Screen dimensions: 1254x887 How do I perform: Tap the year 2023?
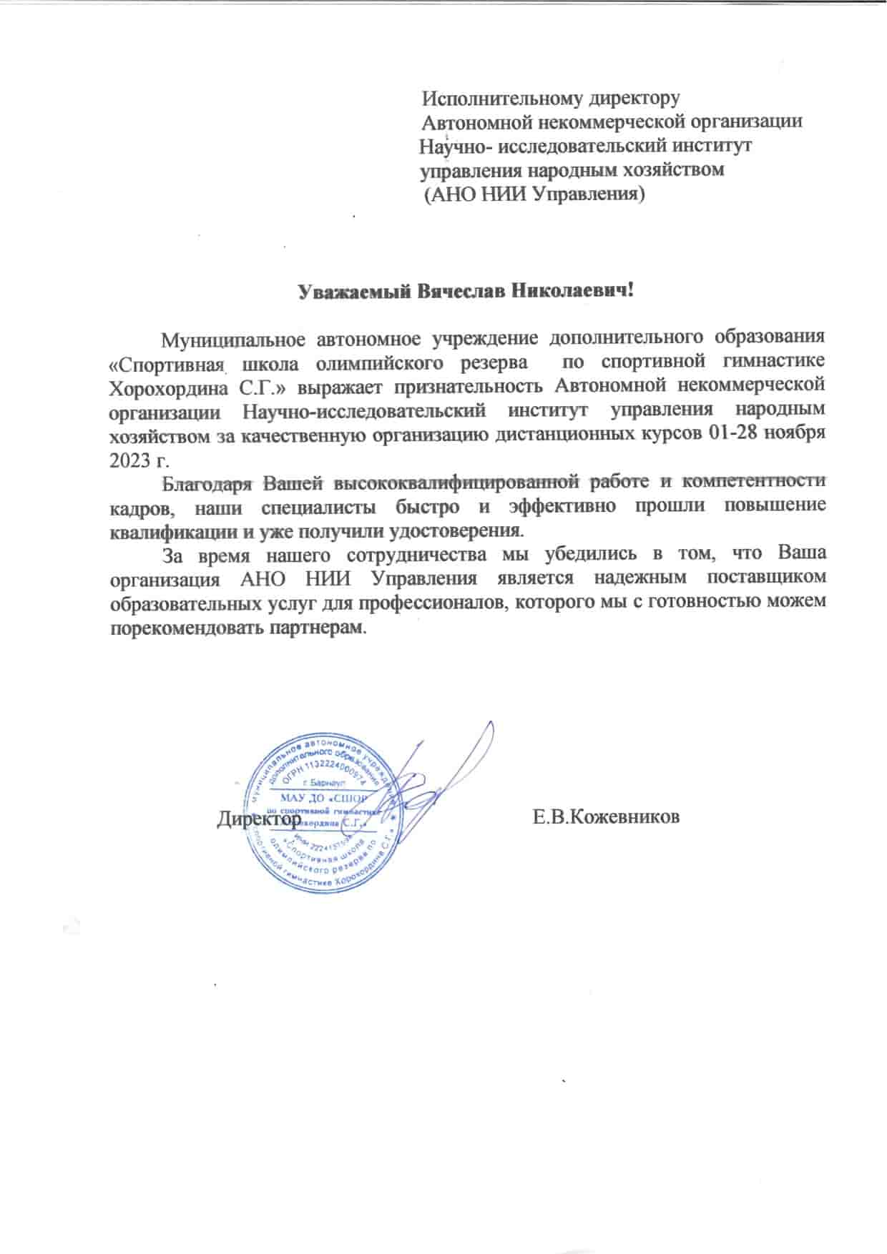(127, 459)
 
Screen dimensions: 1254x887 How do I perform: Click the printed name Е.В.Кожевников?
(606, 817)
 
